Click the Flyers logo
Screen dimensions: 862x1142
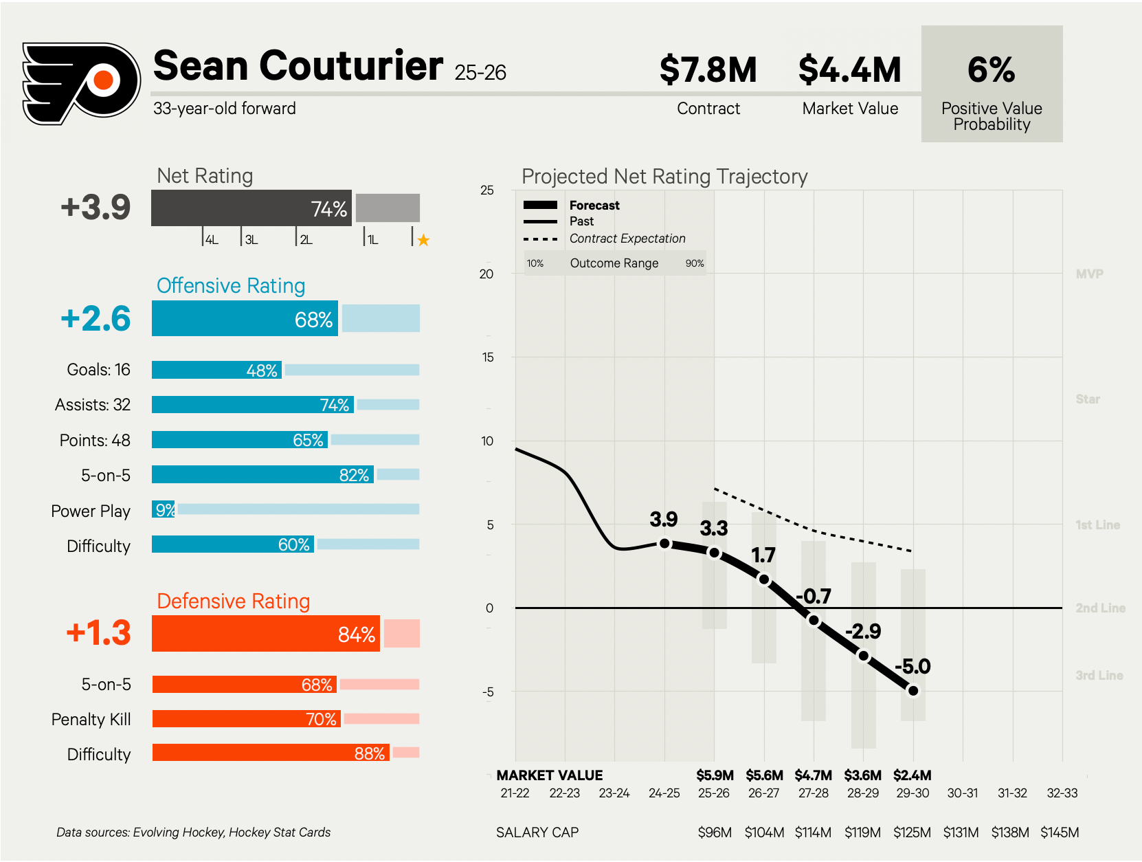[81, 83]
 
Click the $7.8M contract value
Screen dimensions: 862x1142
[708, 70]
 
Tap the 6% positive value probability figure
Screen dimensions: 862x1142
[991, 70]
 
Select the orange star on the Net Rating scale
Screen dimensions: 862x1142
[423, 240]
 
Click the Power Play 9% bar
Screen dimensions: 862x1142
[164, 509]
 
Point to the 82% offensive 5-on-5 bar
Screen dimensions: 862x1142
[262, 474]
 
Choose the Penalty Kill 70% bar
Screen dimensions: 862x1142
[246, 719]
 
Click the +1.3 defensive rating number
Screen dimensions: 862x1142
[98, 633]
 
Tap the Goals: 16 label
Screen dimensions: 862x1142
[98, 370]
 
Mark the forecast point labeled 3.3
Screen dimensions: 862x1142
[714, 553]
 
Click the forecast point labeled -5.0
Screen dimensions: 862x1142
[913, 691]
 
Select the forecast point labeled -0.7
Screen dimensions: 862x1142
[814, 620]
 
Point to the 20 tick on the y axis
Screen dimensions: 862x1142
[486, 274]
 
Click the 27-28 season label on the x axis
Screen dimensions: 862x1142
[813, 793]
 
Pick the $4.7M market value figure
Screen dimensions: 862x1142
[813, 775]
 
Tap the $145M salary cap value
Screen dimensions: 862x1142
[1059, 832]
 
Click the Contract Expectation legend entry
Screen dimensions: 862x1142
[627, 239]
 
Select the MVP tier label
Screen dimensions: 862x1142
[1089, 274]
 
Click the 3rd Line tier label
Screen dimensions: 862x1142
[1099, 675]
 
